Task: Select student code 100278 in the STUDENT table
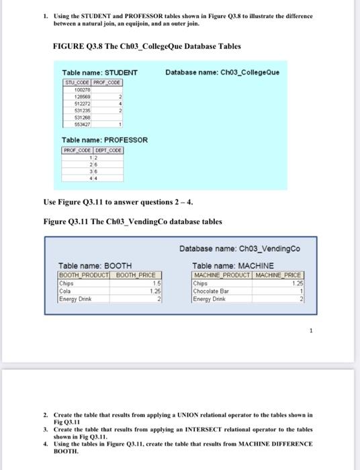pos(79,89)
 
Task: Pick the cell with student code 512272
pos(79,103)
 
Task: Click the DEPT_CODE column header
pos(107,150)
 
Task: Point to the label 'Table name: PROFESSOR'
pos(105,140)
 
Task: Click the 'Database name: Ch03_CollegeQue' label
pos(222,73)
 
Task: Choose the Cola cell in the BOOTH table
pos(66,291)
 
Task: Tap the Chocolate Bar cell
pos(212,291)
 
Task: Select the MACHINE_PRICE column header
pos(278,275)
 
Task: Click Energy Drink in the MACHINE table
pos(210,298)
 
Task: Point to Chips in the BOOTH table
pos(67,283)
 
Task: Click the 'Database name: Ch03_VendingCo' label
pos(240,249)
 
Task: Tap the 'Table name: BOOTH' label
pos(95,266)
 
